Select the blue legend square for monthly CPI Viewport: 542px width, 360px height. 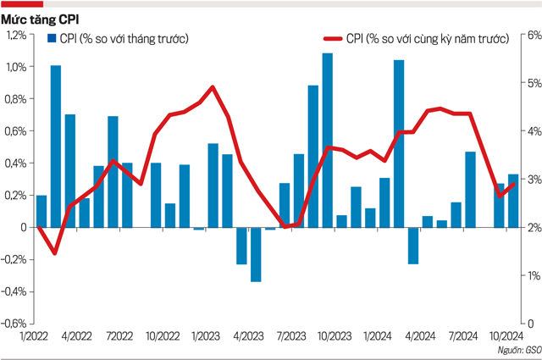coord(52,39)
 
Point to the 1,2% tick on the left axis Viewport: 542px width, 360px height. coord(16,35)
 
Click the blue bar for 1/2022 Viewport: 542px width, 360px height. coord(41,211)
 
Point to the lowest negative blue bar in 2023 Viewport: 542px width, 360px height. coord(256,254)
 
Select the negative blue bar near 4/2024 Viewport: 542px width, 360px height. coord(413,246)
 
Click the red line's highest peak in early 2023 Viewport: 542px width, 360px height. coord(213,86)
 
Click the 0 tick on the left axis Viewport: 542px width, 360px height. coord(23,227)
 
